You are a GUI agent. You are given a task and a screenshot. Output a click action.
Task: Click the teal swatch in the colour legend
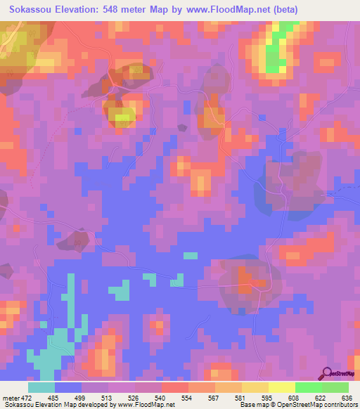tap(41, 387)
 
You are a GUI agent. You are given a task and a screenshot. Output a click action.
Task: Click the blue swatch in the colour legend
tap(68, 387)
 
